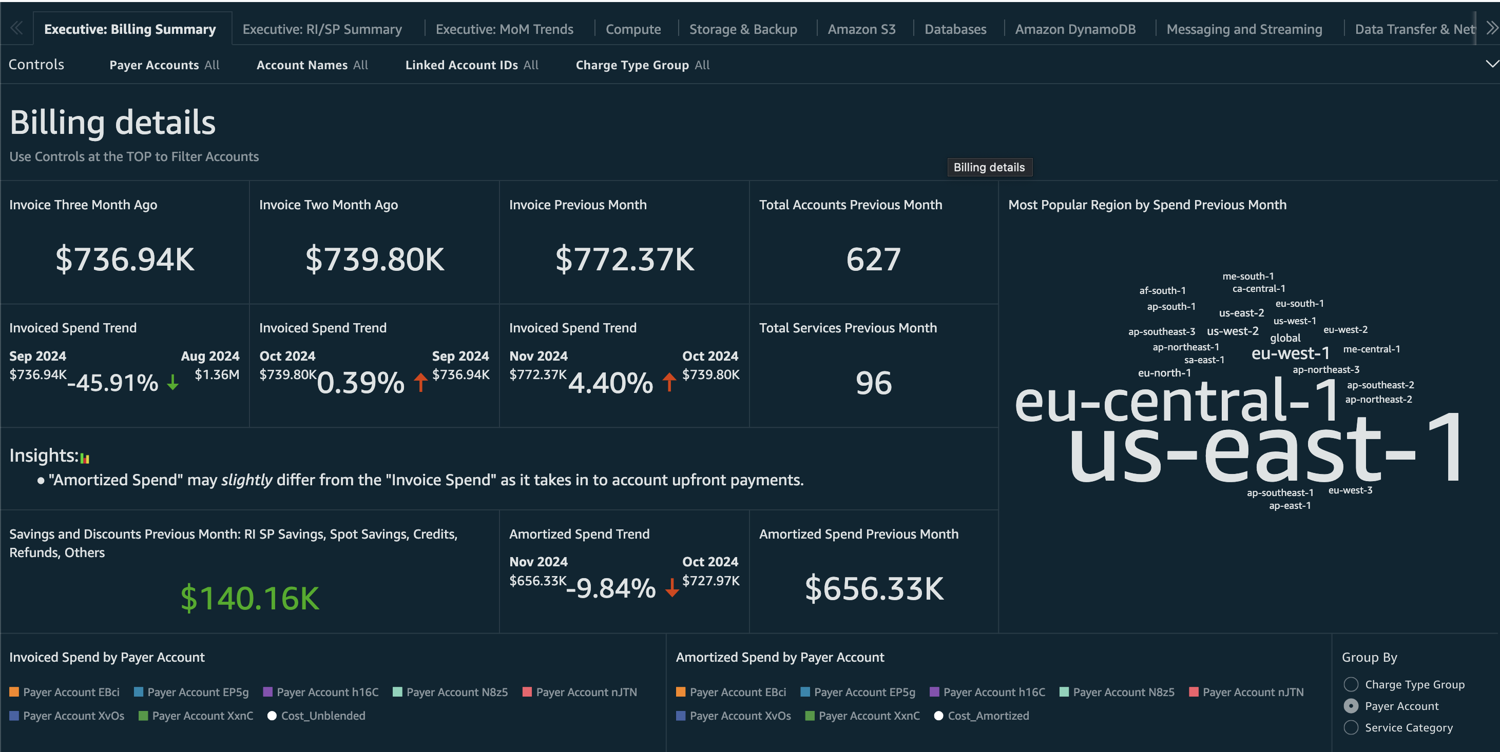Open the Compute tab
[633, 29]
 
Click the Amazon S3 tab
[861, 29]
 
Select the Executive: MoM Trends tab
[504, 29]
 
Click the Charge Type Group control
[642, 65]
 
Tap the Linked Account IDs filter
[471, 65]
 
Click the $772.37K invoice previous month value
[624, 260]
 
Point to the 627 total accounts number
[873, 260]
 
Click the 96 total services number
[873, 383]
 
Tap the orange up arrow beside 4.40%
[669, 382]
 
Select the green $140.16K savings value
[250, 598]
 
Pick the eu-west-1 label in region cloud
[1291, 353]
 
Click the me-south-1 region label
[1248, 276]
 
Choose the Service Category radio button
[1351, 727]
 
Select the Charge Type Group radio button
[1351, 684]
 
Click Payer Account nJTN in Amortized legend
[1253, 692]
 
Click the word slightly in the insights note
[246, 480]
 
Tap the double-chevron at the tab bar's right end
[1491, 28]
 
